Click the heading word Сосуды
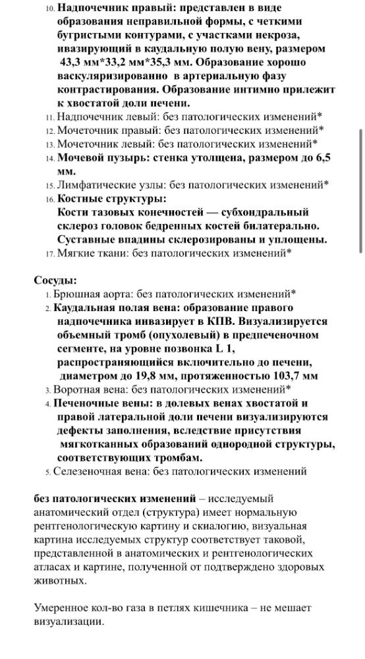(x=55, y=280)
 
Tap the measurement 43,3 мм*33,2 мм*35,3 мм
(x=128, y=63)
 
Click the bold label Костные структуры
(x=111, y=198)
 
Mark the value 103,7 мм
(x=291, y=376)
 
